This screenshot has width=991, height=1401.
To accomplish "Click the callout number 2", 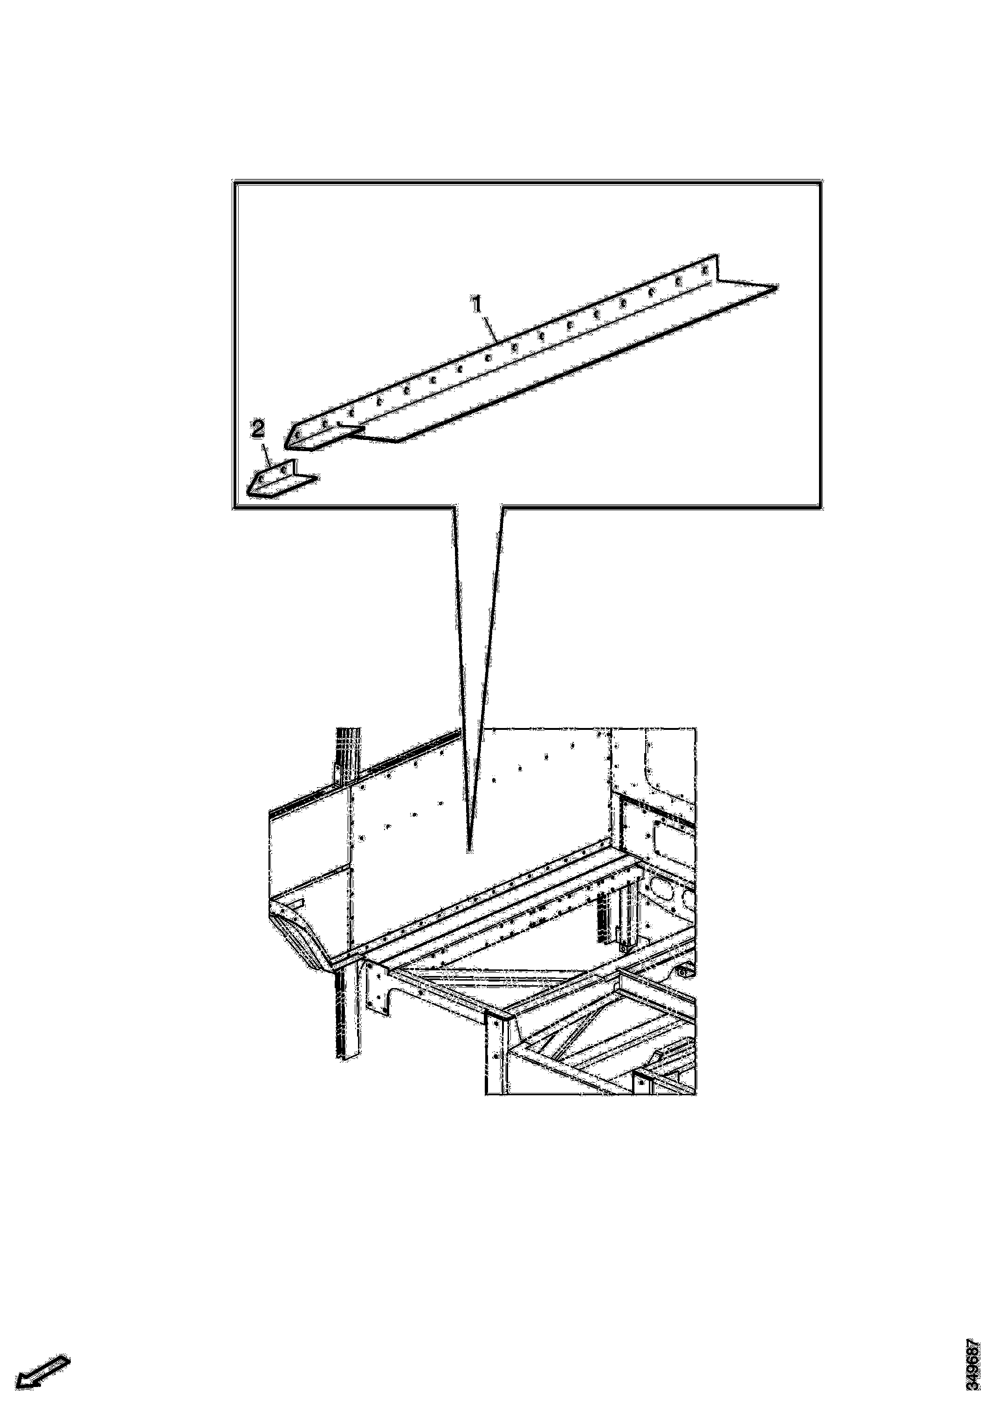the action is click(x=258, y=430).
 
